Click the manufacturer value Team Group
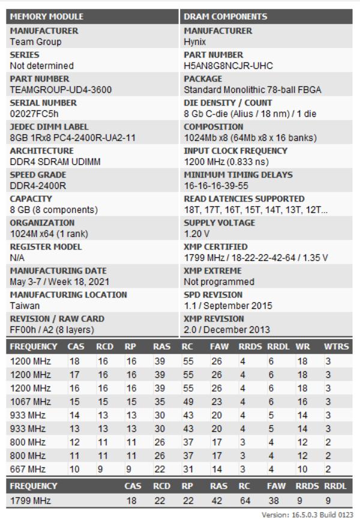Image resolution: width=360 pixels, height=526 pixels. tap(35, 42)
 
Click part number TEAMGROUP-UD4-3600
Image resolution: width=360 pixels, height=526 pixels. tap(52, 90)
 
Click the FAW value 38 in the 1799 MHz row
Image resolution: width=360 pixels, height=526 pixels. tap(273, 500)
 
